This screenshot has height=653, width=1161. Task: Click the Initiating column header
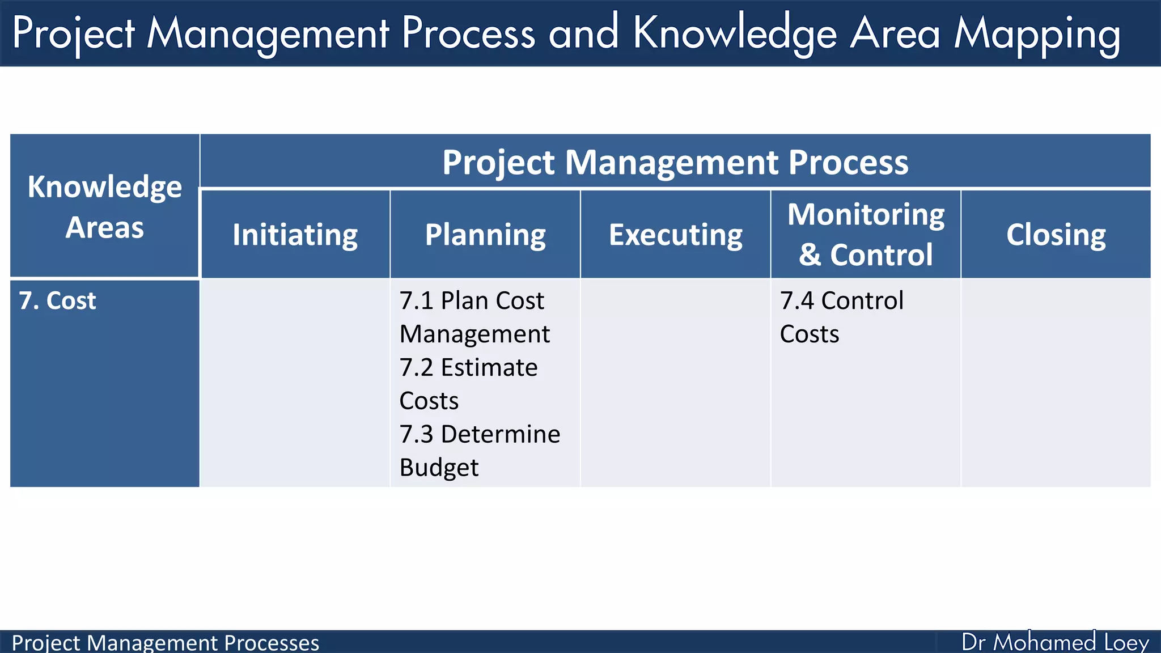tap(295, 235)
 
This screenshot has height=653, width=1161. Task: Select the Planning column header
tap(485, 235)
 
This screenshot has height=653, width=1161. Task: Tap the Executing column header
tap(675, 235)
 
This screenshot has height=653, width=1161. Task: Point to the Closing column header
tap(1056, 235)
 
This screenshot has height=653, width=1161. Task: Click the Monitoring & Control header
tap(866, 234)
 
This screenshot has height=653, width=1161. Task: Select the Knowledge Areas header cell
tap(105, 206)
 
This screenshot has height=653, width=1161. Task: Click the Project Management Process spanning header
tap(675, 162)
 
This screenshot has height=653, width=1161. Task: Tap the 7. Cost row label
tap(58, 300)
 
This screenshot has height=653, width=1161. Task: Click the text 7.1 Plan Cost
tap(472, 300)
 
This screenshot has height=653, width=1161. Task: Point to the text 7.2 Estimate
tap(468, 367)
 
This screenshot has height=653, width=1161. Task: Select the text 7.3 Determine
tap(480, 434)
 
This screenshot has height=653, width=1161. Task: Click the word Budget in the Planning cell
tap(439, 468)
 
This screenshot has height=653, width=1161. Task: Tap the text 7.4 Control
tap(841, 300)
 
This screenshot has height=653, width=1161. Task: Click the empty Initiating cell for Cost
tap(295, 383)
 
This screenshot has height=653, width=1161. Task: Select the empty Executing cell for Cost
tap(675, 383)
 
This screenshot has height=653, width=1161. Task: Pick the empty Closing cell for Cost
tap(1056, 383)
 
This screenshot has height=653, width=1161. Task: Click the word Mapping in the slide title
tap(1037, 34)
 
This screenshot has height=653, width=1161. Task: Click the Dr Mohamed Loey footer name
tap(1055, 642)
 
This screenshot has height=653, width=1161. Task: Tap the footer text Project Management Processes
tap(166, 643)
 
